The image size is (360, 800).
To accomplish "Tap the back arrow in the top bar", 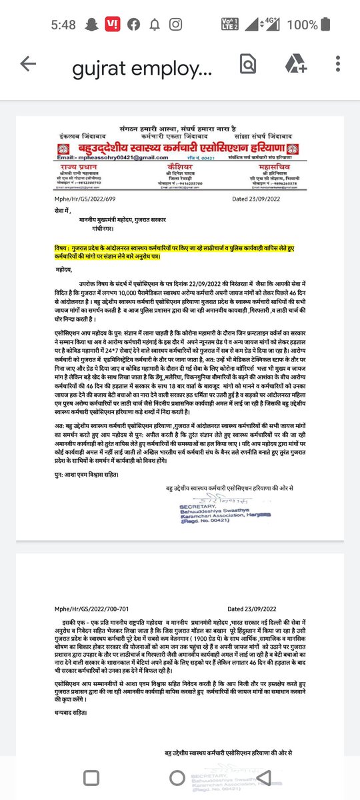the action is coord(27,63).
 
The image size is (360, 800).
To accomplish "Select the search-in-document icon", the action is coord(247,63).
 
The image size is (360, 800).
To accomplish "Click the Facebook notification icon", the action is coord(135,25).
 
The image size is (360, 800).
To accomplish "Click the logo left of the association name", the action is coord(66,147).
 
